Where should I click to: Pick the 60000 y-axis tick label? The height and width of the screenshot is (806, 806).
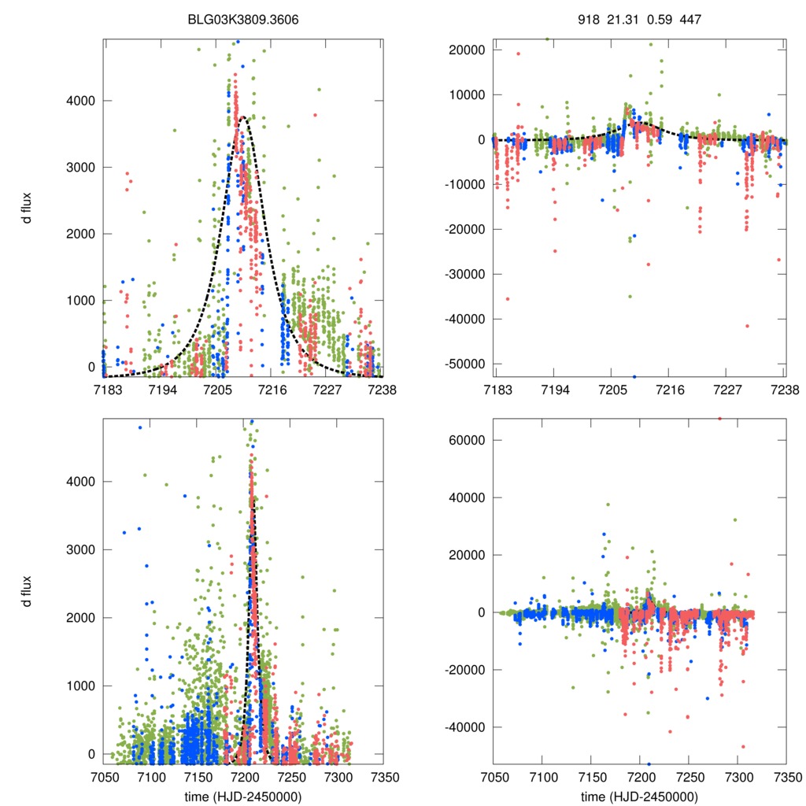pyautogui.click(x=468, y=440)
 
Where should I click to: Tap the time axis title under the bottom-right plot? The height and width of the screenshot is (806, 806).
pyautogui.click(x=639, y=797)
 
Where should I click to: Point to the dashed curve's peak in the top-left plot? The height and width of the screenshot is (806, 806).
pyautogui.click(x=244, y=117)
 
